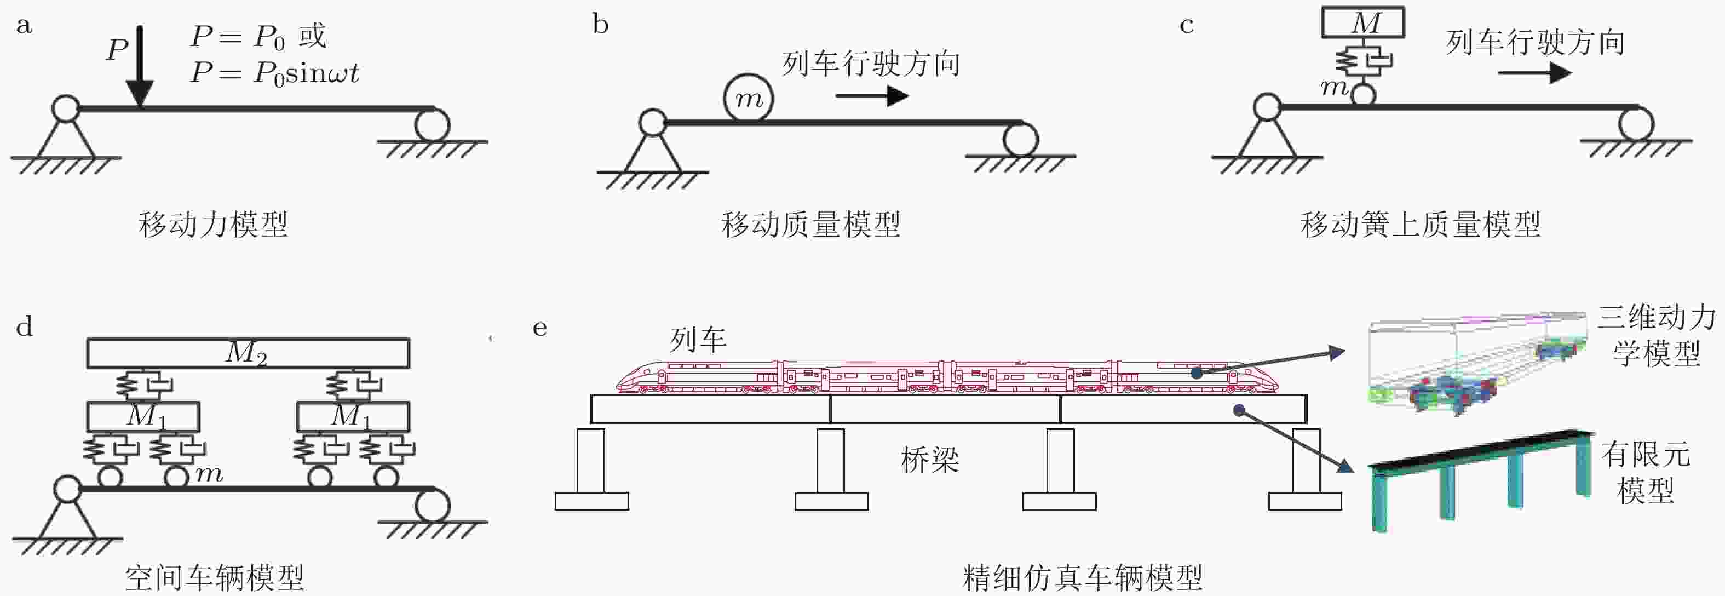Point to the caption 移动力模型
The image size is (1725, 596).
(214, 225)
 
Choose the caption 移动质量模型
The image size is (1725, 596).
(810, 225)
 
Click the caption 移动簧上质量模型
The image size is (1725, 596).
(1421, 225)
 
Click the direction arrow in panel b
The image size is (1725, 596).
(872, 96)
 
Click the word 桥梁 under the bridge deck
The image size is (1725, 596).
(930, 460)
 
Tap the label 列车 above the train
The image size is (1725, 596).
(698, 340)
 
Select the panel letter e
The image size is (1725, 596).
(540, 329)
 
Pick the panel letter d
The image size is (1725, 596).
(24, 327)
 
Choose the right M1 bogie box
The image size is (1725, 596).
(353, 416)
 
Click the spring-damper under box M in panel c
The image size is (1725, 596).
(1362, 60)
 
